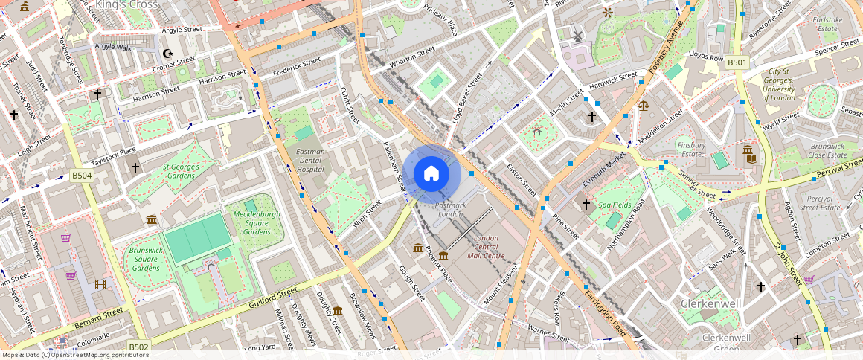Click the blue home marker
click(431, 174)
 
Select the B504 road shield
click(82, 176)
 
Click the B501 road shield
click(737, 62)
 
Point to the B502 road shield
click(138, 347)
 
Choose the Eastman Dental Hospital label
click(310, 160)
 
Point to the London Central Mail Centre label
click(487, 247)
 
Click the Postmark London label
click(451, 209)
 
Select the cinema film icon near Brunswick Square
click(100, 283)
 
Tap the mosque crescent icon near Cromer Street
click(167, 54)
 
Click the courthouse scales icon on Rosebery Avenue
click(643, 104)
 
